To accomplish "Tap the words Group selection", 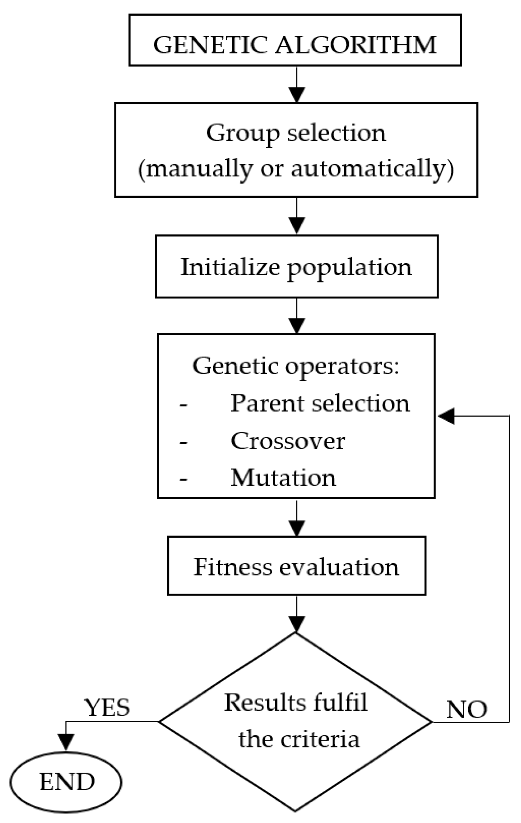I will (x=296, y=133).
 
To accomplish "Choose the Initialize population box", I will (x=296, y=267).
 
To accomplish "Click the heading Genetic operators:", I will (x=296, y=365).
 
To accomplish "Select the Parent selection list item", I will (x=320, y=404).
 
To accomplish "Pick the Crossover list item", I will (x=288, y=441).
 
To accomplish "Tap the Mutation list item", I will (x=283, y=477).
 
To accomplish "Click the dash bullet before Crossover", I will (x=184, y=442).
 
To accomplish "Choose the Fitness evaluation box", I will (x=296, y=567).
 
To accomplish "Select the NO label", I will (x=466, y=709).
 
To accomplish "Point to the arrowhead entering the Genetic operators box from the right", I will (x=446, y=416).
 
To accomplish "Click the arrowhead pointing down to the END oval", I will (x=66, y=742).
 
